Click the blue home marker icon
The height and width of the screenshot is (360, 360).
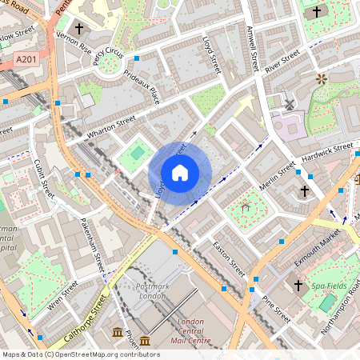pos(180,173)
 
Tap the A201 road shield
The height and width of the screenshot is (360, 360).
pos(26,59)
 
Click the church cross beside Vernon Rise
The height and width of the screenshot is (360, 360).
pos(78,27)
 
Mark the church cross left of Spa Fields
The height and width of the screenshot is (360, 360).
pos(298,285)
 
